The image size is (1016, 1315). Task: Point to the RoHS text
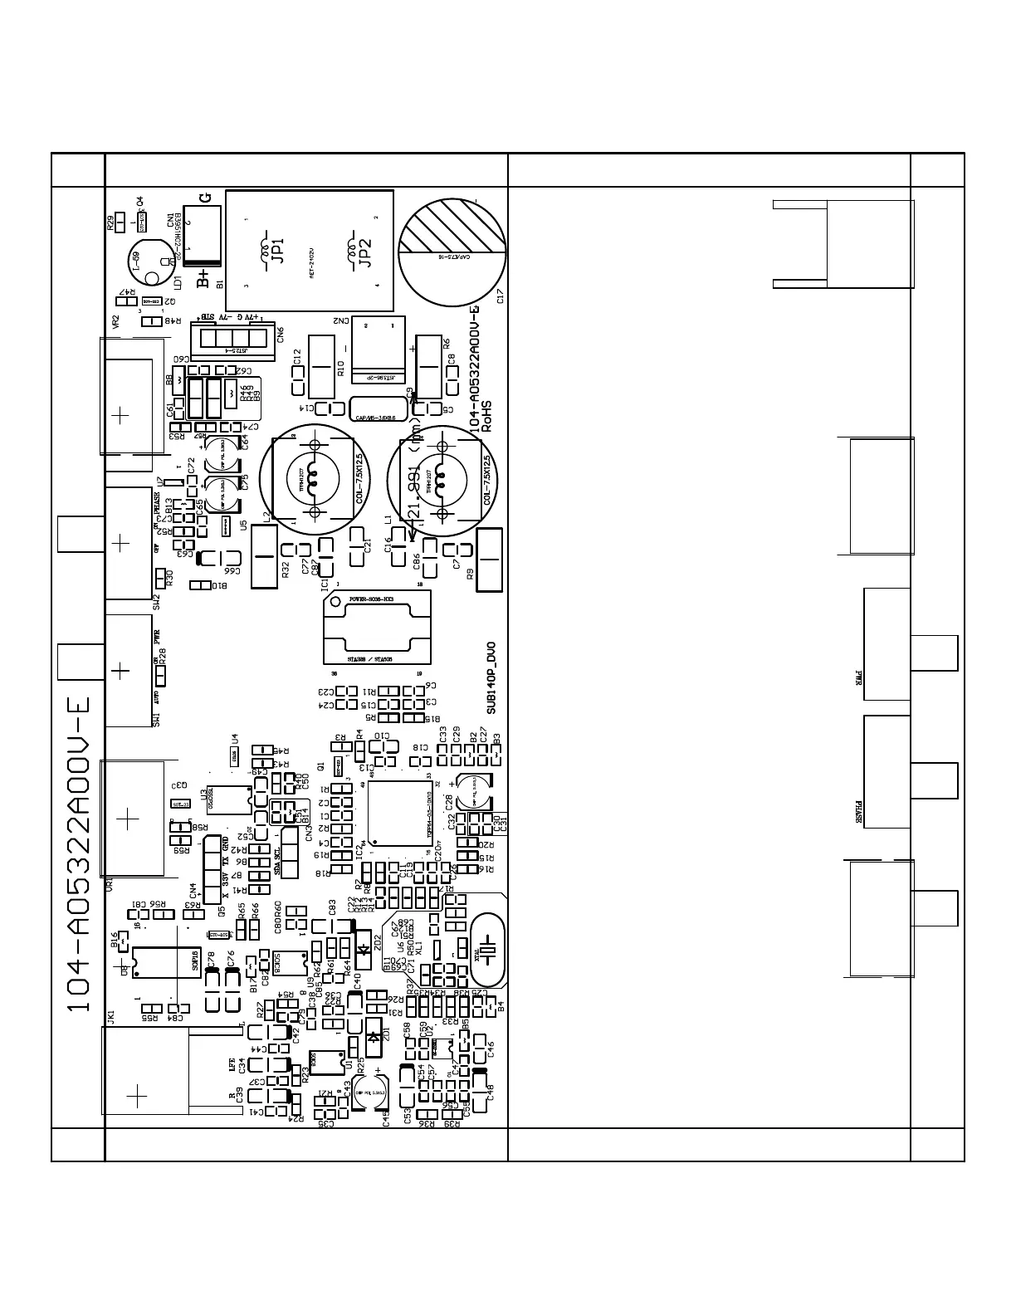click(488, 417)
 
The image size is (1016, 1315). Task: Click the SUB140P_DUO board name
click(491, 677)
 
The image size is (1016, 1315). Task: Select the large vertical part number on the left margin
click(79, 855)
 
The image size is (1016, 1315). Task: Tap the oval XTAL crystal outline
click(488, 951)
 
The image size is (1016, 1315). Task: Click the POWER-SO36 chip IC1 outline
click(377, 628)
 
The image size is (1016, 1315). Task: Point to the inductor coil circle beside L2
click(314, 480)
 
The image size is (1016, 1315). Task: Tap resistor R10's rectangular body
click(321, 366)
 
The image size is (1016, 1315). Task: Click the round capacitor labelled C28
click(473, 790)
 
